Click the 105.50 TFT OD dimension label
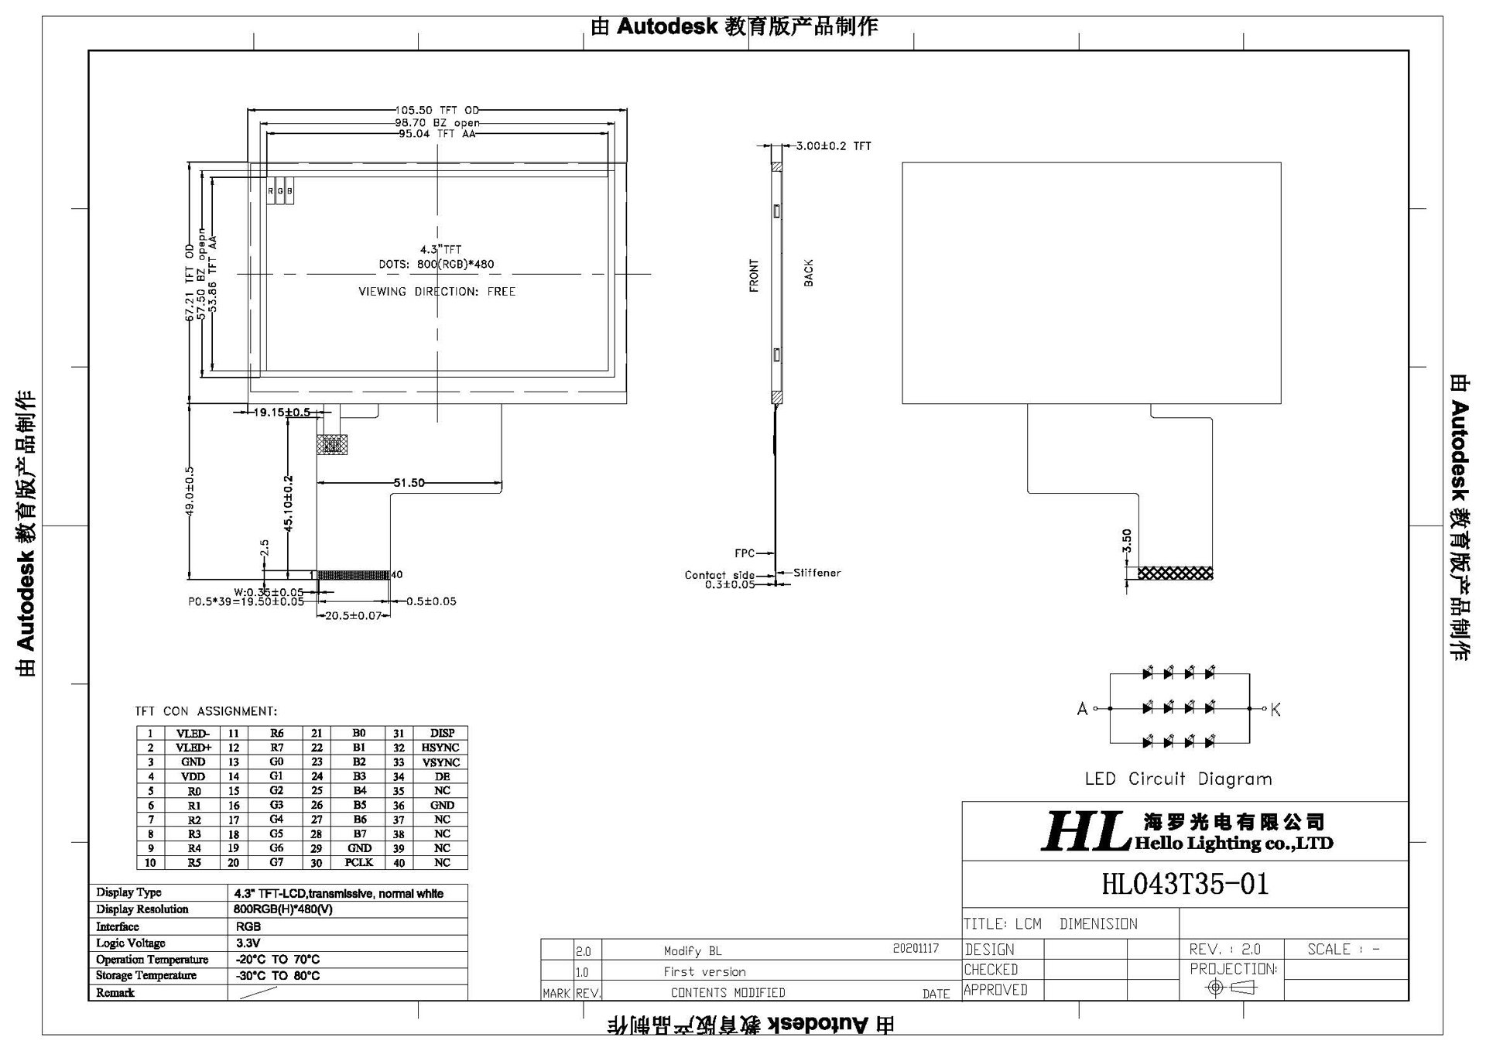[437, 111]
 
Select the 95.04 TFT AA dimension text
[437, 134]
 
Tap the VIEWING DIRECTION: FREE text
[437, 292]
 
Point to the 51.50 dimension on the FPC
[409, 483]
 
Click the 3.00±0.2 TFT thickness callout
[834, 145]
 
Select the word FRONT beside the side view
[755, 276]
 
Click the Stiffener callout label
[817, 573]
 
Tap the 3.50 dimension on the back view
[1127, 540]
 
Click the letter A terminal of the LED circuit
[1082, 709]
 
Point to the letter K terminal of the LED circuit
[1275, 710]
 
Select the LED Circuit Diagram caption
[1178, 779]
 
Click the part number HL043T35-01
[1185, 884]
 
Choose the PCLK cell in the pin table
[359, 862]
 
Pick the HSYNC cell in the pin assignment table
[440, 748]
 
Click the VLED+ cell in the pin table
[193, 748]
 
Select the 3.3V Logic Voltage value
[248, 943]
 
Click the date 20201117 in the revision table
[916, 949]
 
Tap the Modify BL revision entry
[692, 951]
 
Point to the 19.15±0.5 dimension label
[282, 413]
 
